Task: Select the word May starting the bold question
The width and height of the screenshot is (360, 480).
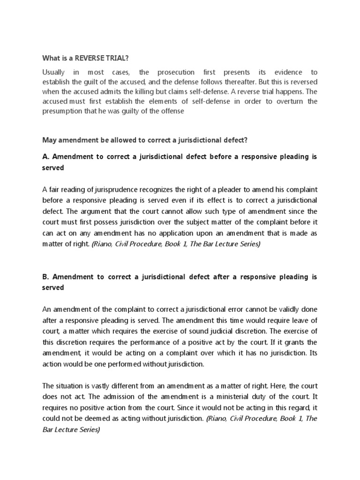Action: click(49, 140)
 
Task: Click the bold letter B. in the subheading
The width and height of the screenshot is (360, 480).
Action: click(46, 277)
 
